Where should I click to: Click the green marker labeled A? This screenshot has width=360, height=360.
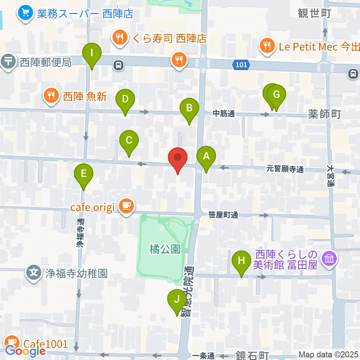pyautogui.click(x=206, y=156)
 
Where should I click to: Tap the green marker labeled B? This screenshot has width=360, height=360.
pyautogui.click(x=189, y=109)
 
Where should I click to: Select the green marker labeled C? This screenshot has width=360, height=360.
pyautogui.click(x=129, y=141)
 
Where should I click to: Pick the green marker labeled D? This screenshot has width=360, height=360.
pyautogui.click(x=125, y=100)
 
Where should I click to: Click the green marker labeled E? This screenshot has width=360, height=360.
pyautogui.click(x=83, y=174)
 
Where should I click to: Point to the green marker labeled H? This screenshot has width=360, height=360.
pyautogui.click(x=241, y=261)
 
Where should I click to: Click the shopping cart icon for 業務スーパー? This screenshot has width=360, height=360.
pyautogui.click(x=25, y=13)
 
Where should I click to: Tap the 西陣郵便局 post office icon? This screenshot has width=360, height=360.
pyautogui.click(x=8, y=61)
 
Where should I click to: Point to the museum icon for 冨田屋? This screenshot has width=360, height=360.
pyautogui.click(x=330, y=259)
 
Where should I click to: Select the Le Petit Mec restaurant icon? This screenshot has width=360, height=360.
pyautogui.click(x=267, y=46)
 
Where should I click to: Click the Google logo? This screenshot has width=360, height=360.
pyautogui.click(x=25, y=351)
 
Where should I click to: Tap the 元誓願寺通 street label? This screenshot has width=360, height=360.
pyautogui.click(x=285, y=170)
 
